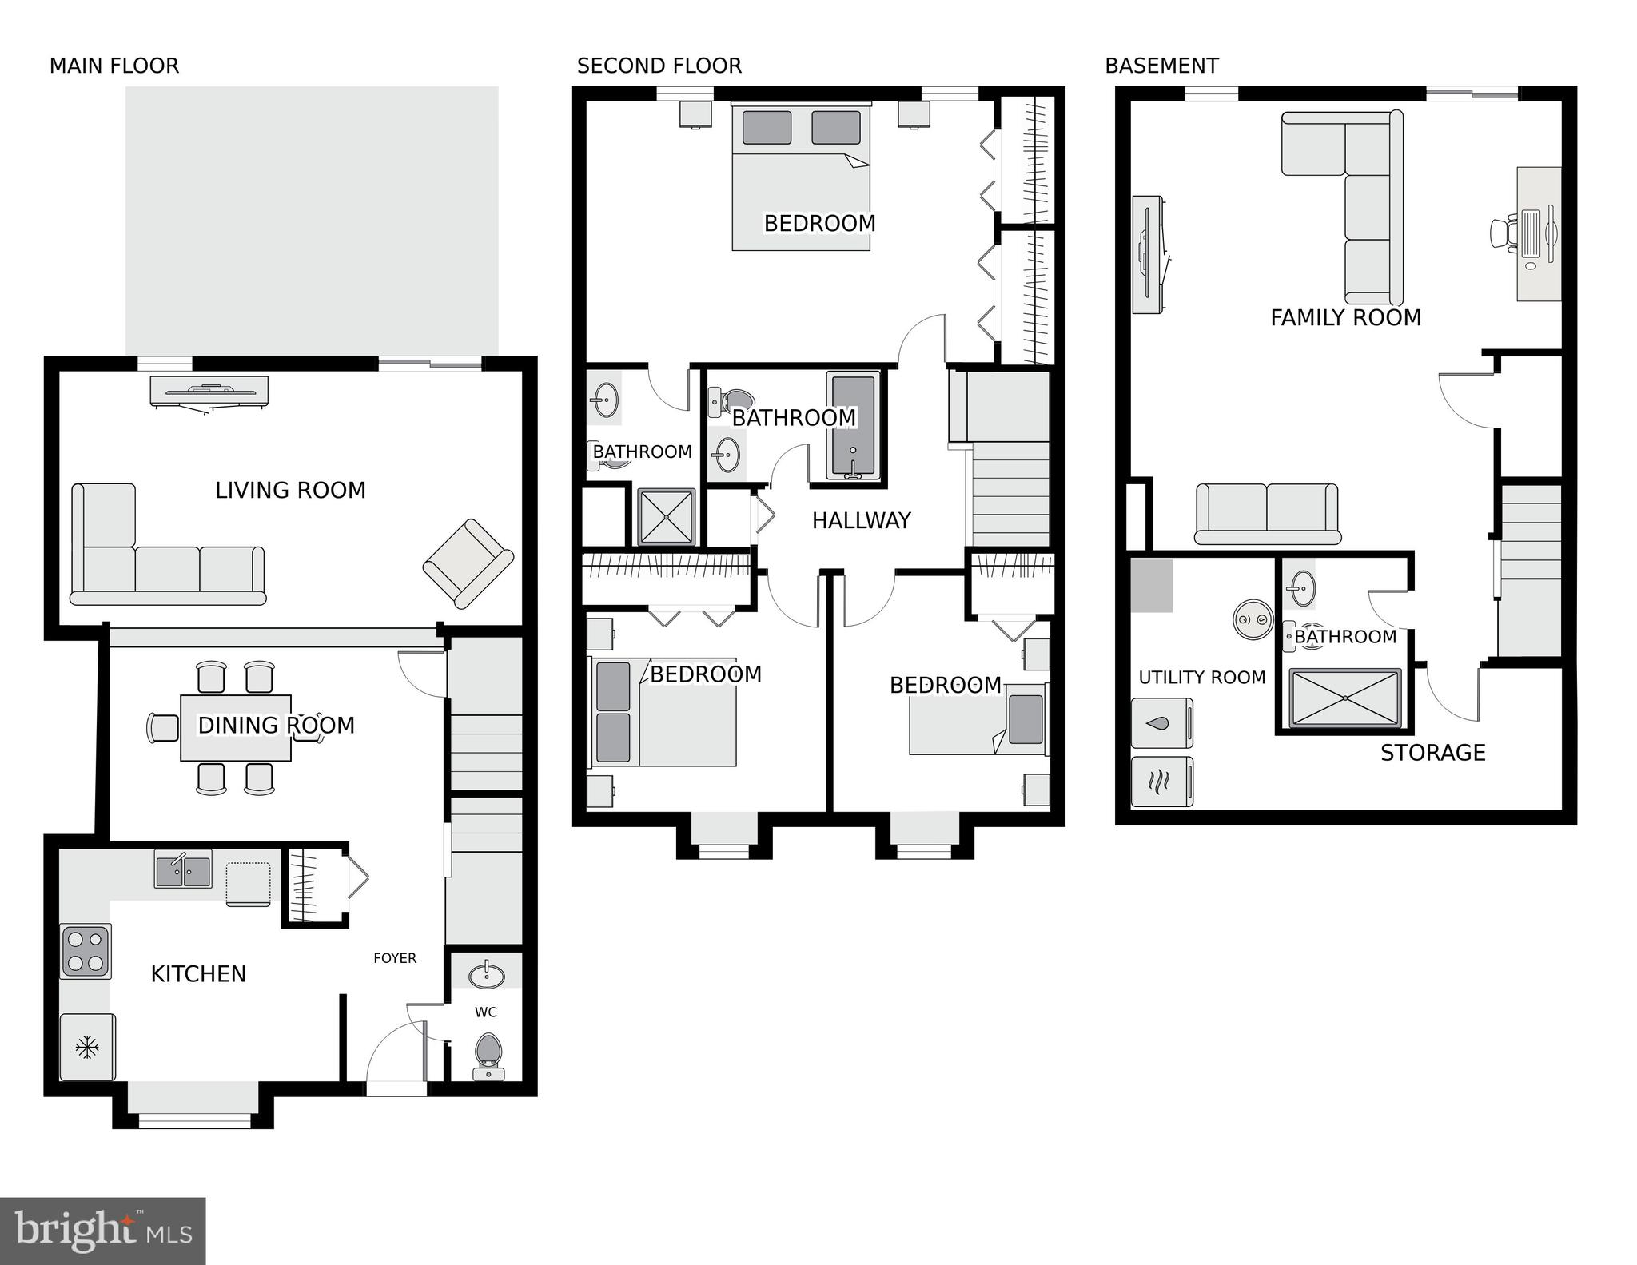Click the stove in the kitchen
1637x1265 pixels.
pyautogui.click(x=86, y=950)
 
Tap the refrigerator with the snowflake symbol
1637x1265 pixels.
pyautogui.click(x=87, y=1047)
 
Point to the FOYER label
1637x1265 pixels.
pyautogui.click(x=395, y=958)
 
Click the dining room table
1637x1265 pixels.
pyautogui.click(x=236, y=728)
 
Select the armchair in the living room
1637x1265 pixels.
pyautogui.click(x=468, y=563)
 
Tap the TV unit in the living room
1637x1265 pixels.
pyautogui.click(x=209, y=392)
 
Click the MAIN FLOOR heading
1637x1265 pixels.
pyautogui.click(x=114, y=66)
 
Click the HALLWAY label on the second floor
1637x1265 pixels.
pyautogui.click(x=861, y=521)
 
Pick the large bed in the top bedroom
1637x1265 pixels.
pyautogui.click(x=801, y=180)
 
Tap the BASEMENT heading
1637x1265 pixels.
pyautogui.click(x=1161, y=66)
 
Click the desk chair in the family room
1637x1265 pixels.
pyautogui.click(x=1503, y=233)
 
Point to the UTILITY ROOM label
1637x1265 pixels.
pyautogui.click(x=1201, y=678)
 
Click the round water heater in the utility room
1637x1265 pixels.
pyautogui.click(x=1253, y=619)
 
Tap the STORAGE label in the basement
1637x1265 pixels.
pyautogui.click(x=1432, y=753)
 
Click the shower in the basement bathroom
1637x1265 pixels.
pyautogui.click(x=1345, y=698)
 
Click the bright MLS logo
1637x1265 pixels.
pyautogui.click(x=102, y=1231)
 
